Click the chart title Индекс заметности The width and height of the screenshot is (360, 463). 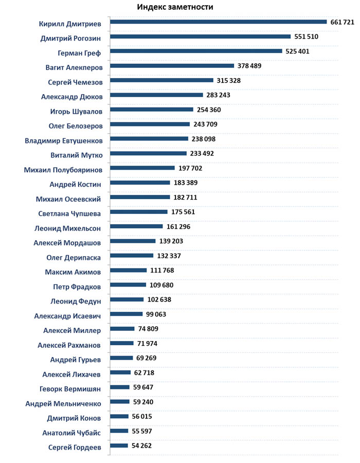point(175,7)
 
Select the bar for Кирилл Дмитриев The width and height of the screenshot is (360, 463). point(219,22)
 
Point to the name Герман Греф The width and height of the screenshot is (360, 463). point(79,52)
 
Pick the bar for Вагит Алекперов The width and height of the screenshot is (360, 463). point(172,65)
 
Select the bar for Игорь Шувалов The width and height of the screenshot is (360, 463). point(152,109)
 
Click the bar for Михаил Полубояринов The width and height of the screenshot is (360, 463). point(142,168)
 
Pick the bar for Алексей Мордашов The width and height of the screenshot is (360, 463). point(133,241)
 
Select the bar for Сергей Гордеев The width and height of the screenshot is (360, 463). point(119,446)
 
